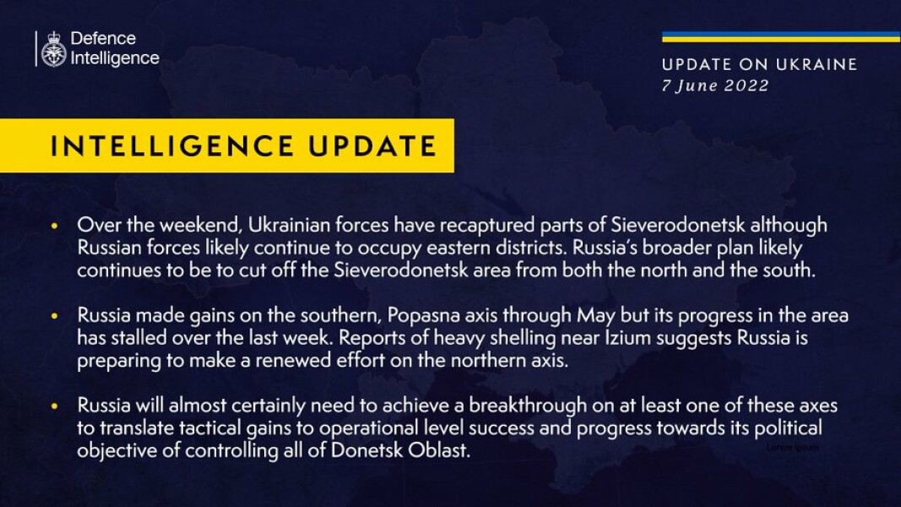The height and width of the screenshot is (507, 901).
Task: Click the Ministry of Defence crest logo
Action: coord(54,49)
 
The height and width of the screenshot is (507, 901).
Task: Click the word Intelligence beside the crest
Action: coord(115,58)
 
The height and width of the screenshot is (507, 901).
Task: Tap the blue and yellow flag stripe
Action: coord(780,37)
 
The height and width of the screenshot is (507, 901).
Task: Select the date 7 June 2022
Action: coord(715,85)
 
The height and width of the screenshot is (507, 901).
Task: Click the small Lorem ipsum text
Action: coord(793,448)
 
